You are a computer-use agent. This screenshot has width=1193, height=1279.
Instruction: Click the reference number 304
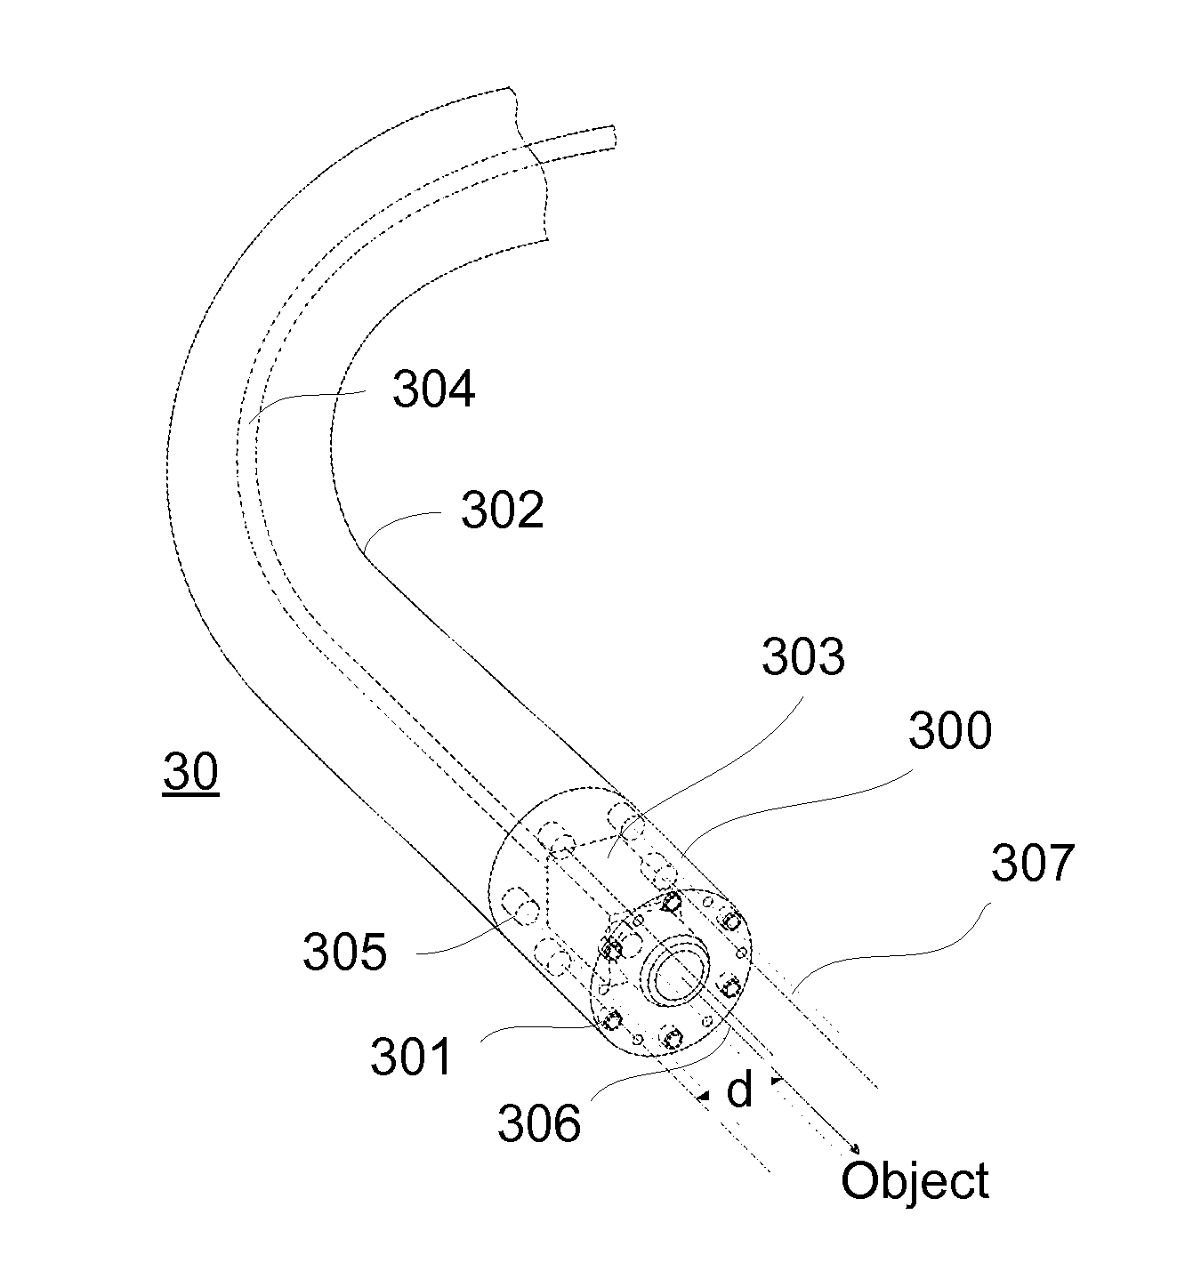tap(434, 390)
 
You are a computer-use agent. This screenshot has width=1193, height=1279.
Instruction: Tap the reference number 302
tap(502, 511)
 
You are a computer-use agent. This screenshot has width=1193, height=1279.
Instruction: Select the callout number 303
tap(802, 657)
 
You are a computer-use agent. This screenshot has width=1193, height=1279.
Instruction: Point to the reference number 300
tap(949, 731)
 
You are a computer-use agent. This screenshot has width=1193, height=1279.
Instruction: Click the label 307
tap(1033, 863)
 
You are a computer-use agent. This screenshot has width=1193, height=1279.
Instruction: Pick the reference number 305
tap(345, 952)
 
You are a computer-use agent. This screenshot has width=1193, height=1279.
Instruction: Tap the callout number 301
tap(412, 1058)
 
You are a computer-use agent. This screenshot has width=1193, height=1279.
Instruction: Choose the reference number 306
tap(539, 1123)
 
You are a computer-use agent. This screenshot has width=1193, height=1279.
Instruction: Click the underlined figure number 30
tap(190, 772)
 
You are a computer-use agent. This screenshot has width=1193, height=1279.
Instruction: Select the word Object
tap(915, 1181)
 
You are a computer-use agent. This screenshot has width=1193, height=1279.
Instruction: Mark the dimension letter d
tap(739, 1090)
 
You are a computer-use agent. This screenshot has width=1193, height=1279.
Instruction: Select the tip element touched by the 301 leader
tap(611, 1018)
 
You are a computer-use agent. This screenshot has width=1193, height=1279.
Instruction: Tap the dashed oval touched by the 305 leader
tap(518, 907)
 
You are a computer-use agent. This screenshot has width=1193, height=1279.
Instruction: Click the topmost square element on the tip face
tap(672, 904)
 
